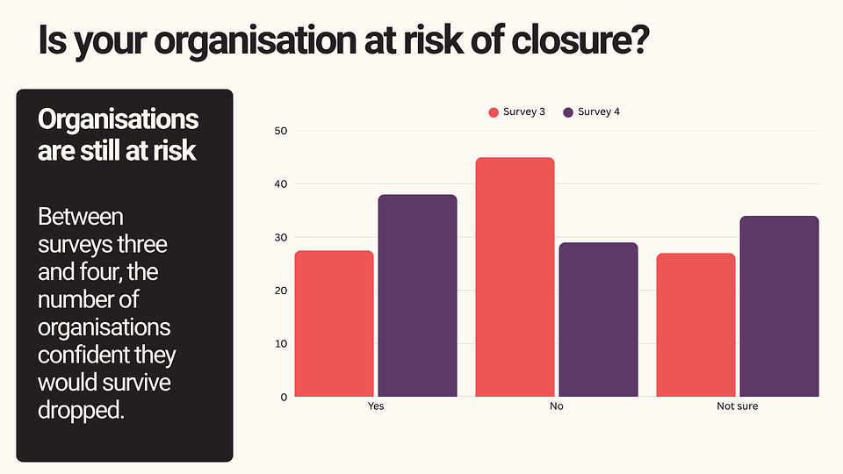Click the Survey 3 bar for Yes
(x=334, y=324)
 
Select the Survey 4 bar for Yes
(x=418, y=296)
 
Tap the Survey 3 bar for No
(x=515, y=277)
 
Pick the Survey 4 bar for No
(x=599, y=320)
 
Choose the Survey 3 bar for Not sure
(x=695, y=325)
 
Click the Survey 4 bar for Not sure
(x=780, y=306)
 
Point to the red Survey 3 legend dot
(x=494, y=112)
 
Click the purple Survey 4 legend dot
(x=568, y=112)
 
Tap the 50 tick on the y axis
(x=281, y=131)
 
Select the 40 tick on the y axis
(x=281, y=184)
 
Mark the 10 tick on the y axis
(x=281, y=343)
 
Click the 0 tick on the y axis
(x=284, y=397)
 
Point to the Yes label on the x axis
(x=376, y=407)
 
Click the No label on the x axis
(x=557, y=407)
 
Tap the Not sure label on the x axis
(x=738, y=407)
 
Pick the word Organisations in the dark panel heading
(x=119, y=120)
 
